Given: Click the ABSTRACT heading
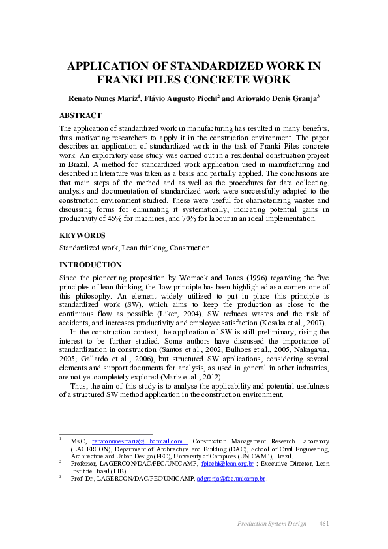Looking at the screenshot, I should (80, 116).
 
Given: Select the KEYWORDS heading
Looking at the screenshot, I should (82, 235).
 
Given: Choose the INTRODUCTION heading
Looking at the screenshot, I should (91, 265).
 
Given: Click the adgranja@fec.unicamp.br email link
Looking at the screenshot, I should (231, 479).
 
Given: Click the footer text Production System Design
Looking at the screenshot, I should (271, 524).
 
